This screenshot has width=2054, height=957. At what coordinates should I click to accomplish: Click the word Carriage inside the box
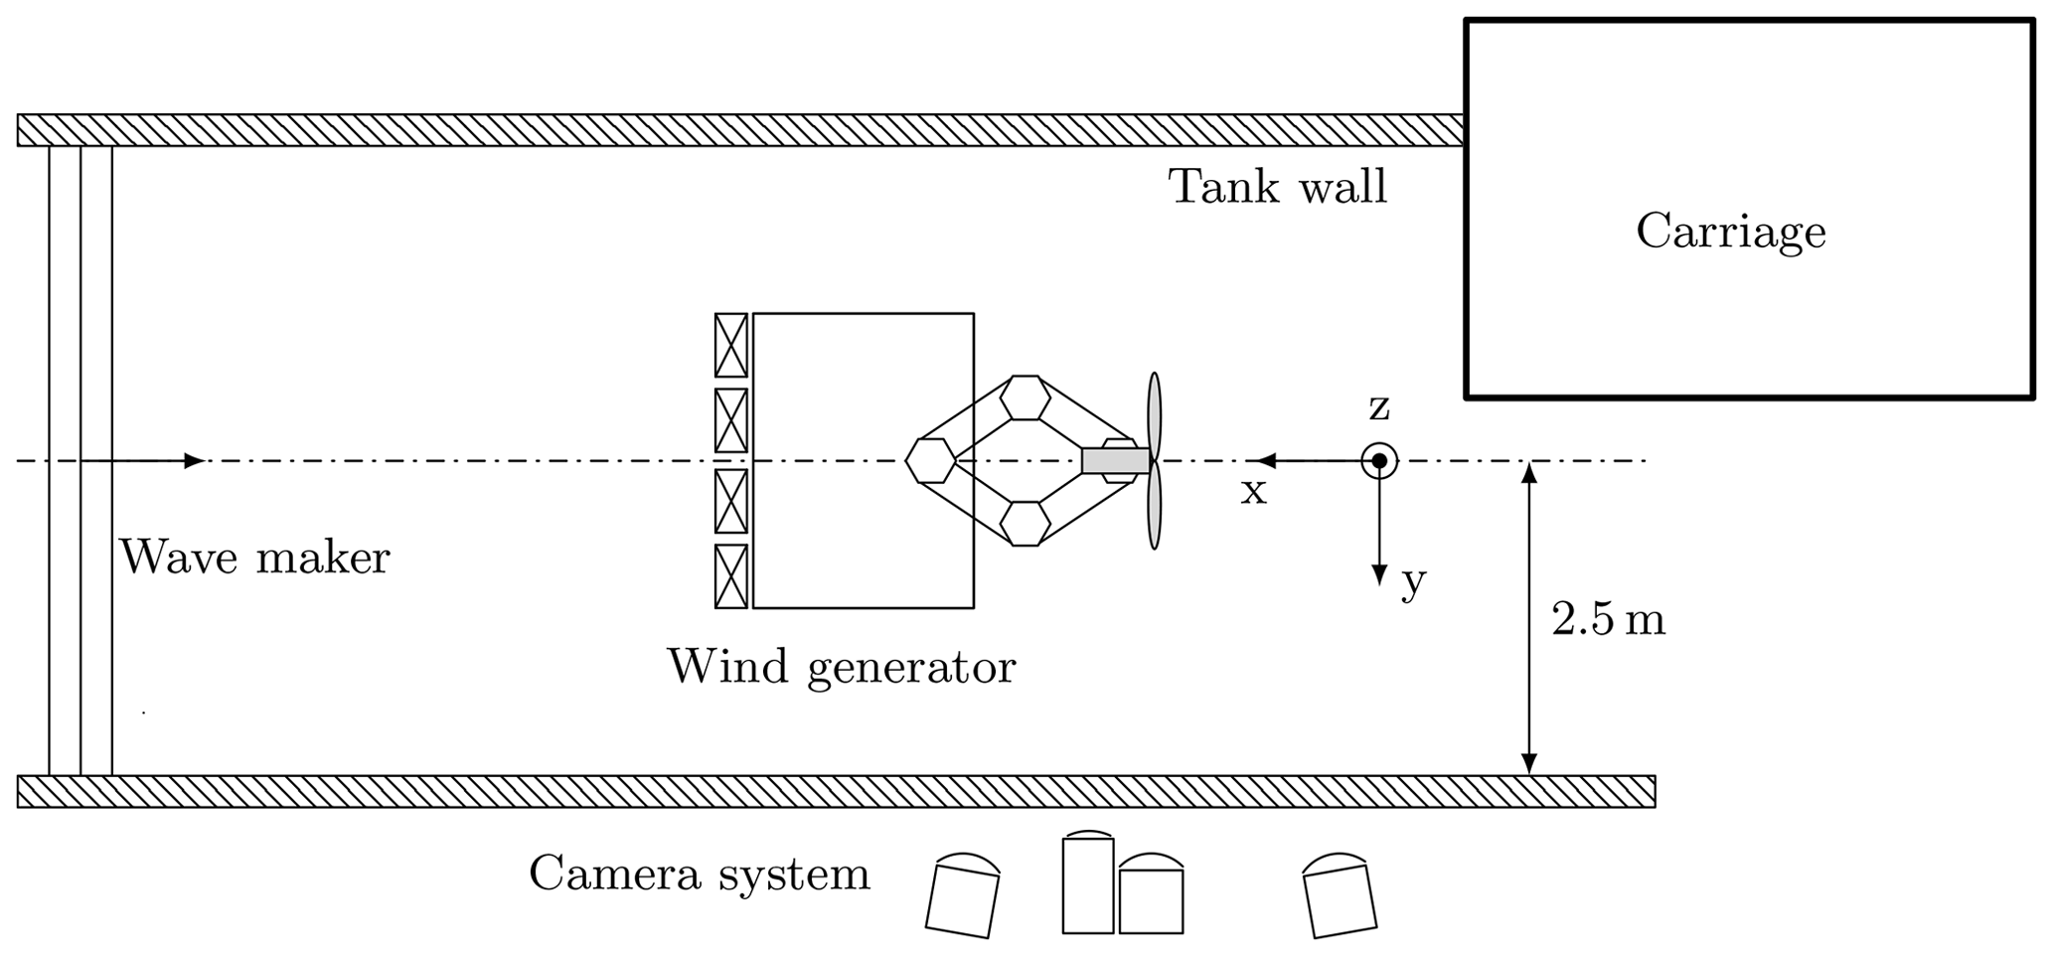[x=1730, y=233]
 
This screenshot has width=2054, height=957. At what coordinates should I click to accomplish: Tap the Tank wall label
[x=1277, y=187]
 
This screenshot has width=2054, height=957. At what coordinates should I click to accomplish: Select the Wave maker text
[x=254, y=558]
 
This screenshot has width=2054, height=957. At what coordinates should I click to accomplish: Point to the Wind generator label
[x=842, y=667]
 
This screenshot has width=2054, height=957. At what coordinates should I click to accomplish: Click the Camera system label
[x=700, y=875]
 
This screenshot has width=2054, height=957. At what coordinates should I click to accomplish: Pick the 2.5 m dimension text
[x=1607, y=620]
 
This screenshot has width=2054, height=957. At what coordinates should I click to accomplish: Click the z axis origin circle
[x=1378, y=461]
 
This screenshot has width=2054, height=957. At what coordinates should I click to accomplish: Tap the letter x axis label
[x=1253, y=491]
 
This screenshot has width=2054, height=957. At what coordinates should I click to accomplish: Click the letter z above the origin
[x=1379, y=406]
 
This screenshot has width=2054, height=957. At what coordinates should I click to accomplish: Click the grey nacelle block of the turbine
[x=1115, y=461]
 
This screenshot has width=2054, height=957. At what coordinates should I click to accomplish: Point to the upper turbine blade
[x=1154, y=411]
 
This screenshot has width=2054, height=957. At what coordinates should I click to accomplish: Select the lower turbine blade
[x=1154, y=509]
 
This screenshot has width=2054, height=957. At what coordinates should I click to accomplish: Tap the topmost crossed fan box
[x=730, y=345]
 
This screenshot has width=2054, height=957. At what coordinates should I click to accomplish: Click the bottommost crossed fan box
[x=730, y=576]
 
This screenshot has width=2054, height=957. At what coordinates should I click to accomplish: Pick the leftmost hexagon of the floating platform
[x=930, y=461]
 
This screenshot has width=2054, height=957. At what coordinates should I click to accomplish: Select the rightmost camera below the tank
[x=1340, y=896]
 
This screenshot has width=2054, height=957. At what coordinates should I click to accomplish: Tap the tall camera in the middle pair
[x=1087, y=883]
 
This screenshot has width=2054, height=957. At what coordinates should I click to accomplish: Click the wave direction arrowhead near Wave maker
[x=194, y=461]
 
